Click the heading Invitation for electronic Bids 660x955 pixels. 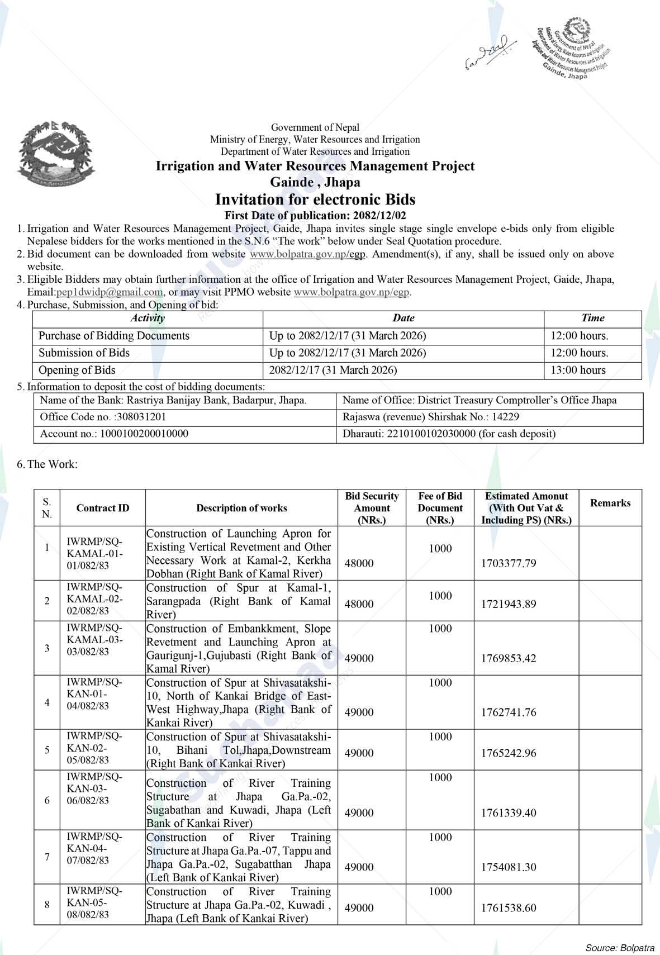coord(315,199)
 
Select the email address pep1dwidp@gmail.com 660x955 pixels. coord(110,292)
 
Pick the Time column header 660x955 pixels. coord(592,319)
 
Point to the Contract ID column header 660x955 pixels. coord(103,508)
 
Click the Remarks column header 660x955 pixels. coord(610,503)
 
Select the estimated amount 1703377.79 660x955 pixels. coord(508,563)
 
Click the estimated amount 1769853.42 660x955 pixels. coord(508,658)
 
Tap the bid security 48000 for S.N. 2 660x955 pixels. coord(359,604)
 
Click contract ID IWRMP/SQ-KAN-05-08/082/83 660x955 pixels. coord(93,903)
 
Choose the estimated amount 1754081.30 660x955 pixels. coord(508,867)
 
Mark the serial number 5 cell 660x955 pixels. coord(47,750)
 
